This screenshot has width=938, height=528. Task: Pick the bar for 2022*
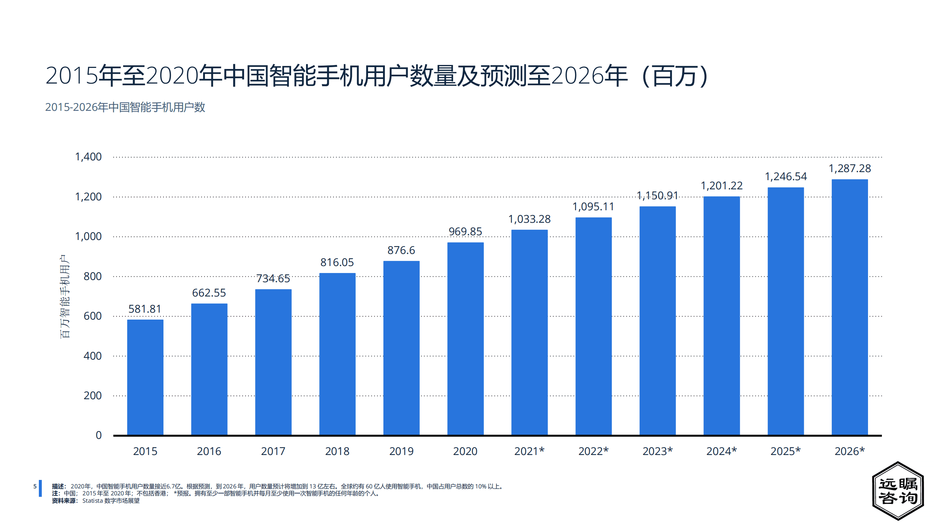[593, 326]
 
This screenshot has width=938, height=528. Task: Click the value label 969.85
[465, 232]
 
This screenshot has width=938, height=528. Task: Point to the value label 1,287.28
[849, 168]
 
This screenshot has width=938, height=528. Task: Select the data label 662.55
[209, 293]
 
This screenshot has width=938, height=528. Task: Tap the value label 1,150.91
[657, 196]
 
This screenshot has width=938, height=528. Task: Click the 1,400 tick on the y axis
[88, 157]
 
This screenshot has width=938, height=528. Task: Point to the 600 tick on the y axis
[92, 316]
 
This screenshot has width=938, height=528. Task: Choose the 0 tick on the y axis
[99, 435]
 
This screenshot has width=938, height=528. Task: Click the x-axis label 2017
[273, 451]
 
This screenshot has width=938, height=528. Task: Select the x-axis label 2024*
[721, 451]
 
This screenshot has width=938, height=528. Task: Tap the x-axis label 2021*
[529, 451]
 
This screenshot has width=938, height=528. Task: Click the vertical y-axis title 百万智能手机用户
[65, 296]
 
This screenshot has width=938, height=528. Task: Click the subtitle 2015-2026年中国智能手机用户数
[125, 107]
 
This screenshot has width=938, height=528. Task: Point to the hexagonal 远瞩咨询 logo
[898, 491]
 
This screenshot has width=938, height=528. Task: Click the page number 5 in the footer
[35, 487]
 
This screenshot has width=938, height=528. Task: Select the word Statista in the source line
[92, 501]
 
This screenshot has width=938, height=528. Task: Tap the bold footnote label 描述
[58, 487]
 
